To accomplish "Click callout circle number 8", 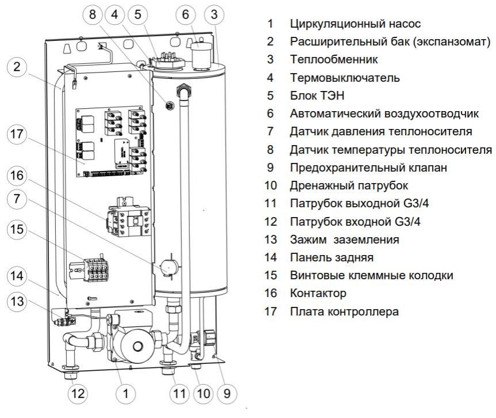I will point(93,16).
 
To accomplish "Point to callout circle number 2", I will point(17,67).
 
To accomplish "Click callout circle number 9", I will point(227,394).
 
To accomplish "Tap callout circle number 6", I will point(185,16).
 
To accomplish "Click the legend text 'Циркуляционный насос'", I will point(356,24).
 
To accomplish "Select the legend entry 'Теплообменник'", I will point(334,60).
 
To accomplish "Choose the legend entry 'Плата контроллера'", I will point(344,311).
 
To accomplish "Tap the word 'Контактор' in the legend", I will point(318,294).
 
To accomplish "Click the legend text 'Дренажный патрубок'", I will point(349,185).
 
